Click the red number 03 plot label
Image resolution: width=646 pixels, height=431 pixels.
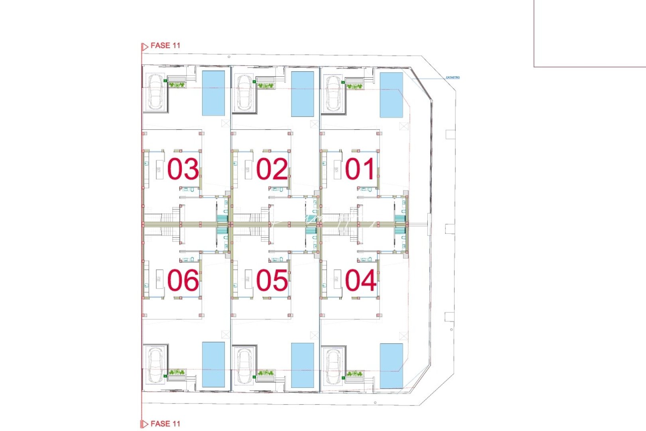(x=183, y=169)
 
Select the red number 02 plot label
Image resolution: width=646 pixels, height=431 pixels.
(x=272, y=169)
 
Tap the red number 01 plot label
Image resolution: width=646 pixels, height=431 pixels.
(x=360, y=169)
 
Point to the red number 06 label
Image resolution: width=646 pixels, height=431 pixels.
(x=183, y=280)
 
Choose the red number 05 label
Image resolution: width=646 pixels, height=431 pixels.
(x=272, y=280)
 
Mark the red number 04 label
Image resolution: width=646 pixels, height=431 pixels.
(x=360, y=280)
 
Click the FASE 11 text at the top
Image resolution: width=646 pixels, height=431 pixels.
(x=165, y=45)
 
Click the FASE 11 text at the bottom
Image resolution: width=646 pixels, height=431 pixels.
(x=165, y=424)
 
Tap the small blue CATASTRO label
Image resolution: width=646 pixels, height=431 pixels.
(x=453, y=77)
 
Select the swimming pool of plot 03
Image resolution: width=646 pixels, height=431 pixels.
(x=213, y=93)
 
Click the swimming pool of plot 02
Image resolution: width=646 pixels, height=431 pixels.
(x=302, y=94)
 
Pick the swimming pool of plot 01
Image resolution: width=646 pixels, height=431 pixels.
(x=391, y=95)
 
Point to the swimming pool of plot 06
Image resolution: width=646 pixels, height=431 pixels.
(x=213, y=364)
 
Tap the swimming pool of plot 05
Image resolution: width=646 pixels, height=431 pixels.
(x=302, y=365)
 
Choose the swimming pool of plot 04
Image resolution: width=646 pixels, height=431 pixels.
(x=391, y=366)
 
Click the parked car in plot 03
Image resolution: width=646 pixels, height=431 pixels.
(x=155, y=91)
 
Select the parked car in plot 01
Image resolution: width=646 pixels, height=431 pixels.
(x=333, y=93)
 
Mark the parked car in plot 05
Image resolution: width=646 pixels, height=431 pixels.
(x=244, y=366)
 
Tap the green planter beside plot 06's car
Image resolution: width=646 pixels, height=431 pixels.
(x=177, y=373)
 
